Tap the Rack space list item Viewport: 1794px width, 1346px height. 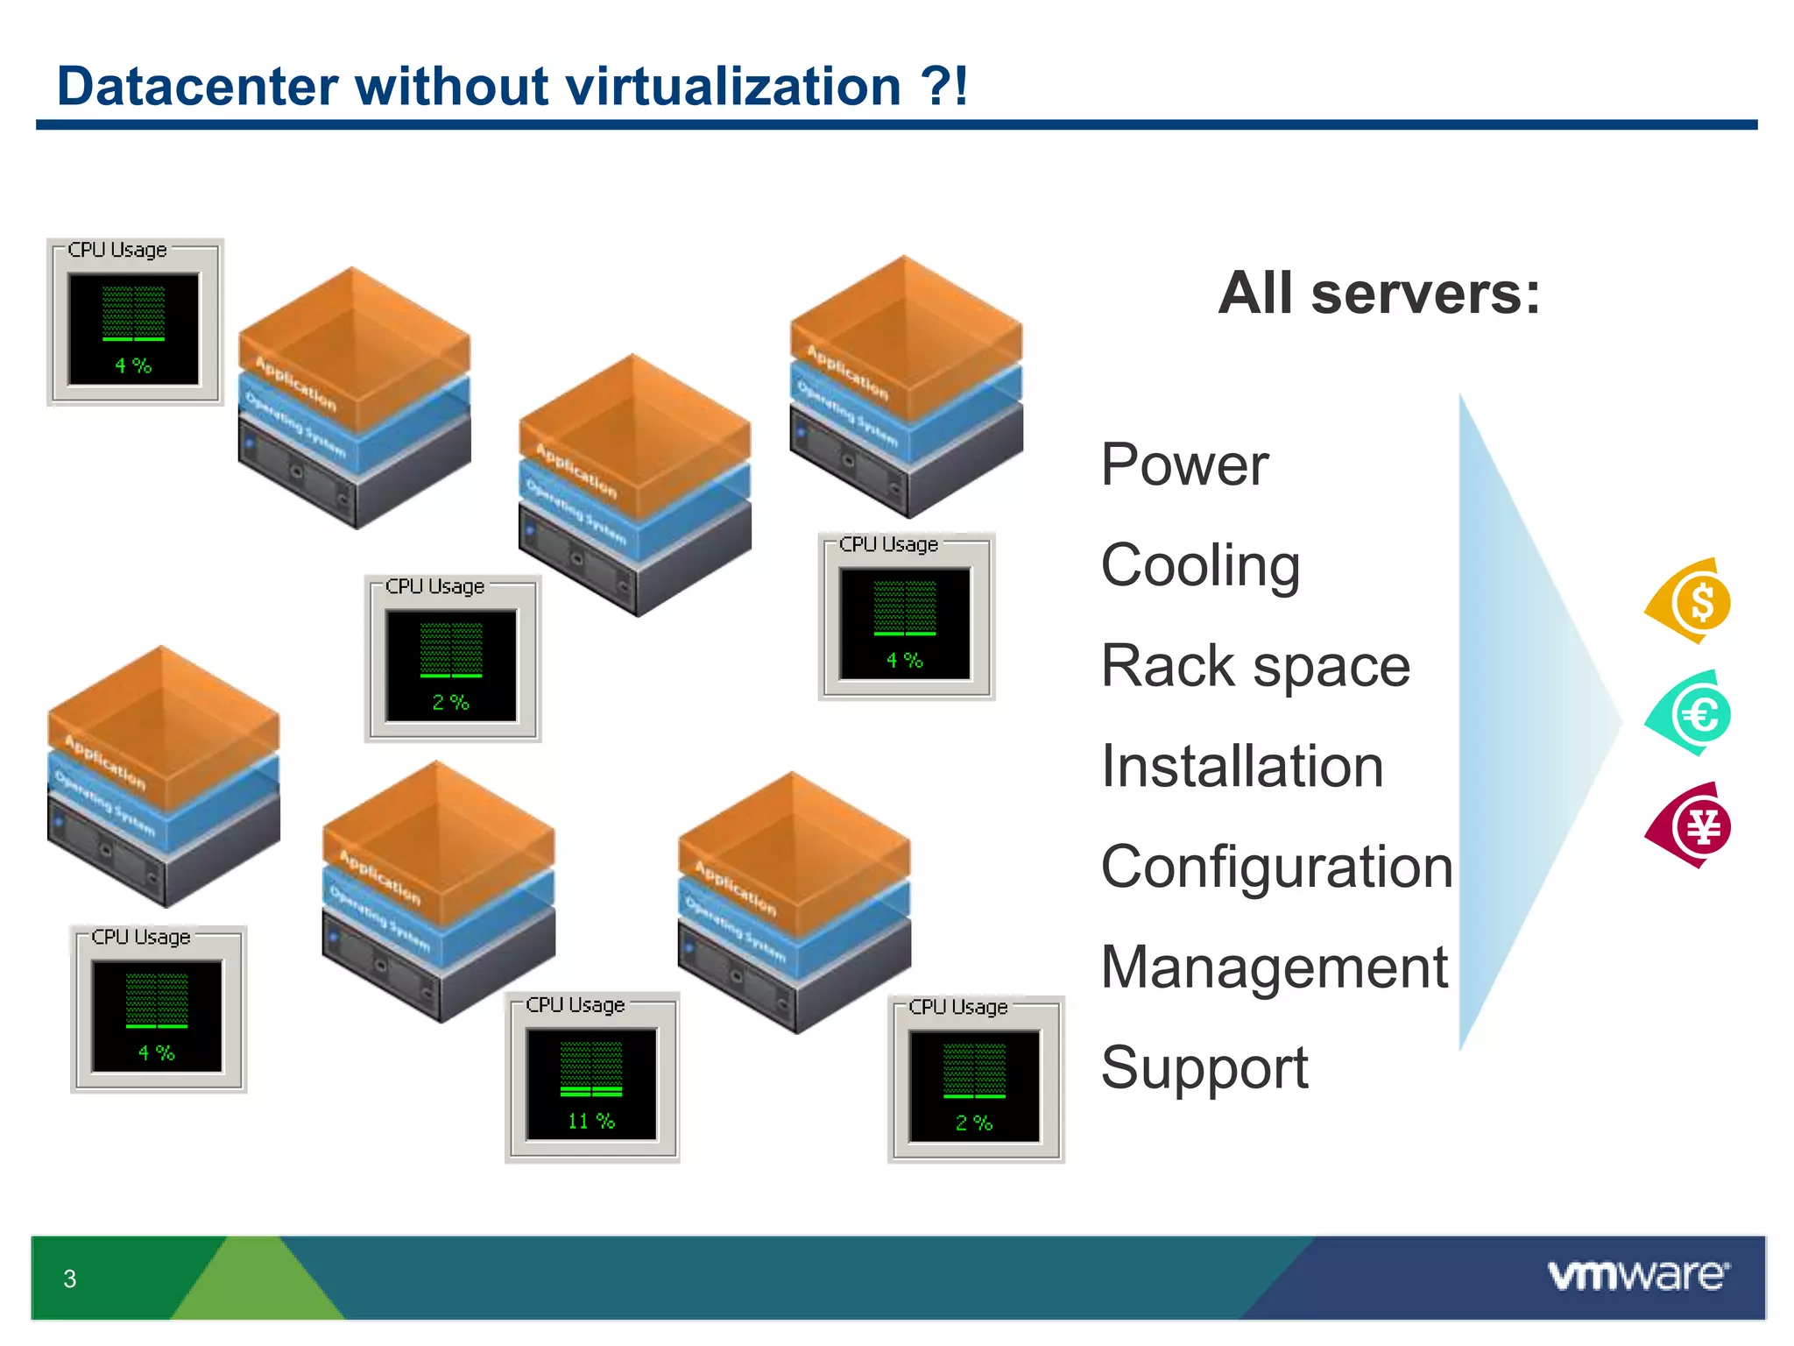pyautogui.click(x=1254, y=666)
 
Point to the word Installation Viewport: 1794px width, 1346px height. pyautogui.click(x=1241, y=767)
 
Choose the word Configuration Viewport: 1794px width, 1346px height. pyautogui.click(x=1275, y=868)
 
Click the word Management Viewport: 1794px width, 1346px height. pyautogui.click(x=1274, y=967)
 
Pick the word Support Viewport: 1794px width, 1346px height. pyautogui.click(x=1204, y=1068)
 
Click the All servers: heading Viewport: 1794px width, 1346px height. pyautogui.click(x=1378, y=293)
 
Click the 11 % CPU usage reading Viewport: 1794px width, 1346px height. pyautogui.click(x=591, y=1121)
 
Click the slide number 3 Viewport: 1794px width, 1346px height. pyautogui.click(x=70, y=1279)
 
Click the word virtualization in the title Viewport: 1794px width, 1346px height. pyautogui.click(x=733, y=87)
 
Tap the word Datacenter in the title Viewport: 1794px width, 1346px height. pyautogui.click(x=197, y=87)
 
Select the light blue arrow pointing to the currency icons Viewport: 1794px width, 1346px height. pyautogui.click(x=1524, y=723)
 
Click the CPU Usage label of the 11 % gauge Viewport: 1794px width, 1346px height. pyautogui.click(x=576, y=1005)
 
